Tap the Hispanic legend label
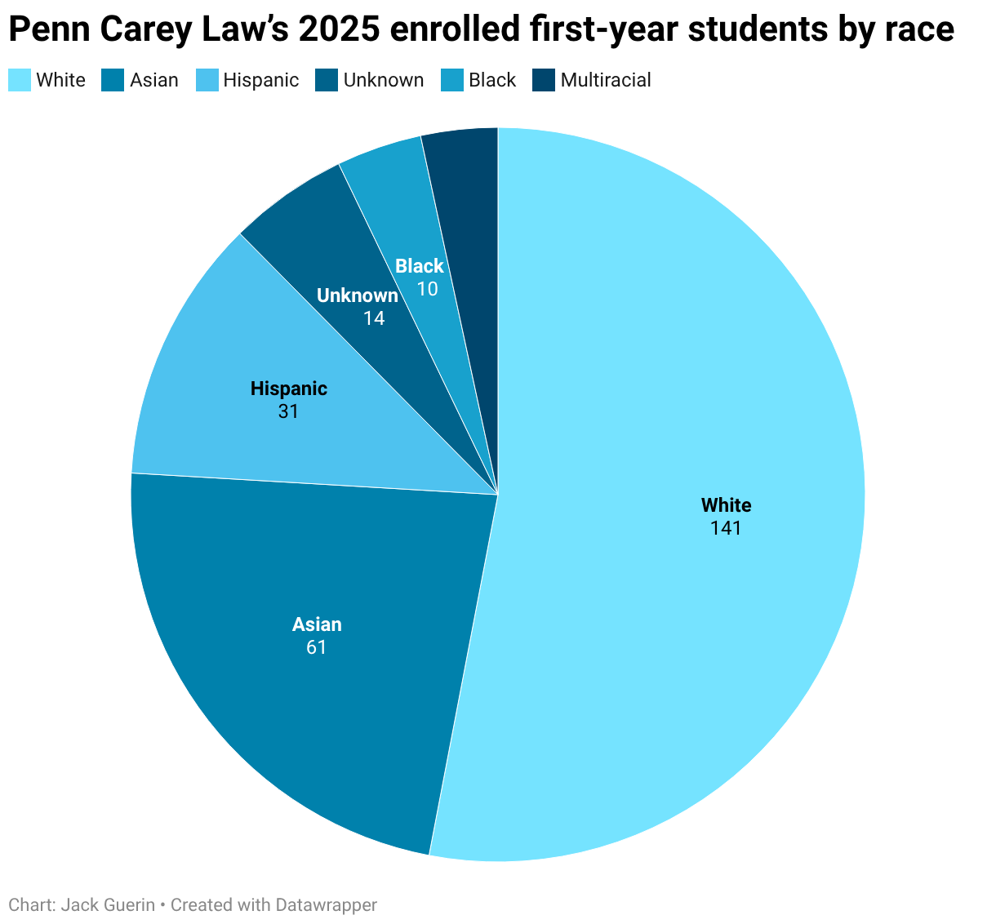click(260, 80)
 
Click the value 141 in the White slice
click(726, 528)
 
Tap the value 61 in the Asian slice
click(317, 647)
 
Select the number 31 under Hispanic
click(288, 411)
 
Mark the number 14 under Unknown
click(374, 318)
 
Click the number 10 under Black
click(427, 289)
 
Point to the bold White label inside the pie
click(726, 505)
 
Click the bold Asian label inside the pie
click(317, 624)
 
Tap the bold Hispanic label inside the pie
click(288, 389)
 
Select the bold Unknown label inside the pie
click(358, 295)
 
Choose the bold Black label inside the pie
click(420, 266)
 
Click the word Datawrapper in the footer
click(326, 904)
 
